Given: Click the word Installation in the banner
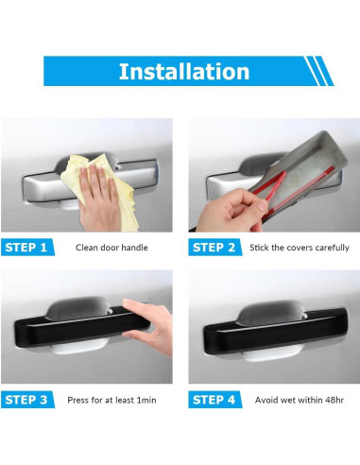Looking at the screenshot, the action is coord(184,72).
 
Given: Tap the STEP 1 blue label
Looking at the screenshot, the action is coord(27,248).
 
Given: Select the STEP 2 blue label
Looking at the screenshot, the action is coord(215,248).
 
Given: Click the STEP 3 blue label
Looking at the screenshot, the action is coord(27,400).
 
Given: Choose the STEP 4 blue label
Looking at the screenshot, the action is coord(215,400).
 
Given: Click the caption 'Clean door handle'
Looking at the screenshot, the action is coord(111,248).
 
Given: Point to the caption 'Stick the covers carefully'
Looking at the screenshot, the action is coord(300,248).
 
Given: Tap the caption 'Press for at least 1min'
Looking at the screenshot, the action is coord(111,400).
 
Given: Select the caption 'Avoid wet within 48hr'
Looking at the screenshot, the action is coord(300,400).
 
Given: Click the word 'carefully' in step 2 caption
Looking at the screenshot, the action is coord(332,248).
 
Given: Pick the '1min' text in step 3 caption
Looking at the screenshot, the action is coord(146,400).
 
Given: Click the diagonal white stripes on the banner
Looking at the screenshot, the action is coord(318,71).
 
